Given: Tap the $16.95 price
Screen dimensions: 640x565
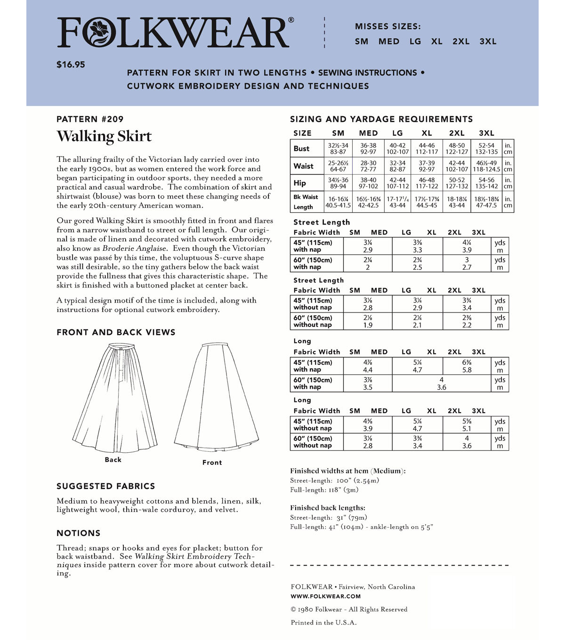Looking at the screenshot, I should point(71,64).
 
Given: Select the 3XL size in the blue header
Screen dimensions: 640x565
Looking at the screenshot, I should point(488,41).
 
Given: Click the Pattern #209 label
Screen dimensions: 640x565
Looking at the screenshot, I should point(90,119).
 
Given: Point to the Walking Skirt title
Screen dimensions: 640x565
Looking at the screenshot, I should point(104,136).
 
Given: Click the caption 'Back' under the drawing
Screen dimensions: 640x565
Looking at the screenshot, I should point(113,460).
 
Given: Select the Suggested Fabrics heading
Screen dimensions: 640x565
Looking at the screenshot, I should point(105,486).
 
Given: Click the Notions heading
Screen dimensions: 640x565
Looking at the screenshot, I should point(79,533).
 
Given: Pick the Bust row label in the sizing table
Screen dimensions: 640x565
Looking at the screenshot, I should point(301,149).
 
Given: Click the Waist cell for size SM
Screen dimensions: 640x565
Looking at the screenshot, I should point(338,166).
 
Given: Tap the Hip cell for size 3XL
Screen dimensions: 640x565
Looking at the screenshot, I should point(486,183).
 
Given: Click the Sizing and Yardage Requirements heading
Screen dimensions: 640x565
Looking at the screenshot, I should point(381,119).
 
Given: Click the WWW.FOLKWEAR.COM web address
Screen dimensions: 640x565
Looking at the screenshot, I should point(326,596).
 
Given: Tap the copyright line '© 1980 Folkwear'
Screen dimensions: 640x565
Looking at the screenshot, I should point(349,609).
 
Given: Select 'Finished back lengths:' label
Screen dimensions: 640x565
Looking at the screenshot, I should point(328,508).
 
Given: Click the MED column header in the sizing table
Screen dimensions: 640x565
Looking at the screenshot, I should point(368,133).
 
